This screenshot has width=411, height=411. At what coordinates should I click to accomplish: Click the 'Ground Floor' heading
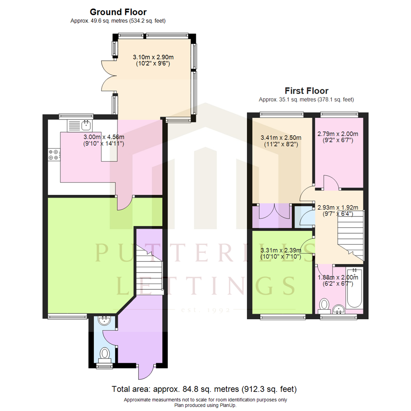pos(118,13)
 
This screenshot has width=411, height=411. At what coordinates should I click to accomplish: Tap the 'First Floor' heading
pos(306,91)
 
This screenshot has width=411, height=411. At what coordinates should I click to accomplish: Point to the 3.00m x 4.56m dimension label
pos(104,140)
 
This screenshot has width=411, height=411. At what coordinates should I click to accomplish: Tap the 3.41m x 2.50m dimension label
pos(281,141)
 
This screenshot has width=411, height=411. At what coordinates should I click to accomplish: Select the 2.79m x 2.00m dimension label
pos(338,137)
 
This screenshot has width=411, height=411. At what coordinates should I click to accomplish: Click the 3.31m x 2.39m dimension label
pos(281,253)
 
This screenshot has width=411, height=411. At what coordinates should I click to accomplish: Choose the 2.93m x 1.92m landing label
pos(338,210)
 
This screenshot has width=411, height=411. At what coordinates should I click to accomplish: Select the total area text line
pos(204,389)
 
